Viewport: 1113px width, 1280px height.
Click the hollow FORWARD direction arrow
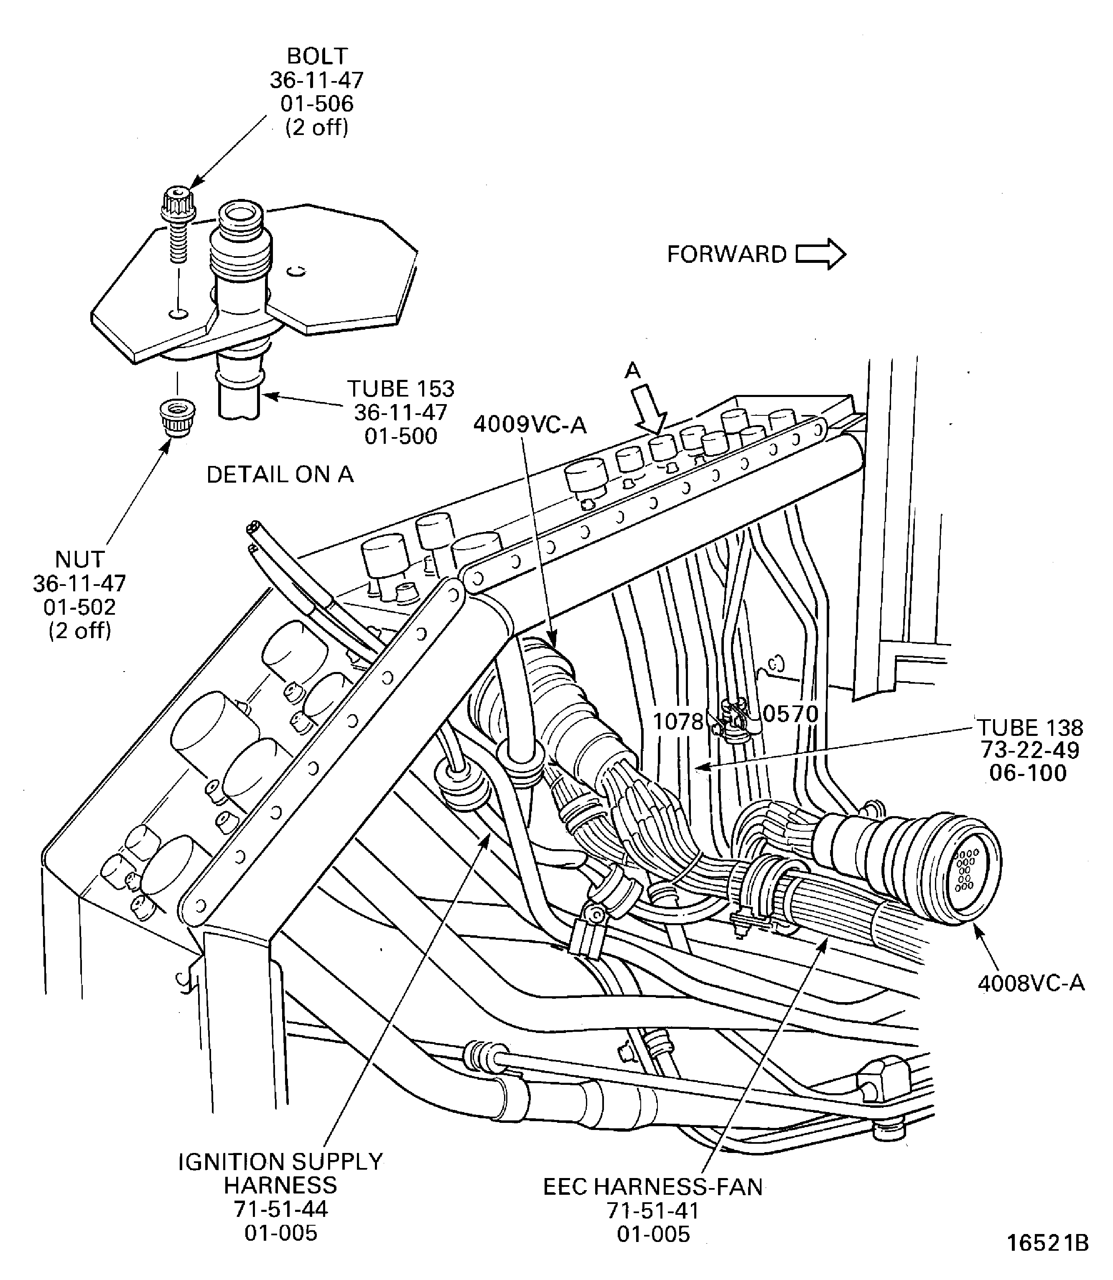pyautogui.click(x=820, y=254)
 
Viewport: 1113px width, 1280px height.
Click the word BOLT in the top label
pyautogui.click(x=317, y=56)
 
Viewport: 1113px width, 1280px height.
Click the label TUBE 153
pyautogui.click(x=401, y=389)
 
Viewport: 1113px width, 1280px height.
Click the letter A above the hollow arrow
pyautogui.click(x=632, y=371)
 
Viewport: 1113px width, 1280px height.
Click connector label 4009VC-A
pyautogui.click(x=530, y=425)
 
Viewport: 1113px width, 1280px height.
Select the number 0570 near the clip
pyautogui.click(x=790, y=714)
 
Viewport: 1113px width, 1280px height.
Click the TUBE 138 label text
pyautogui.click(x=1030, y=727)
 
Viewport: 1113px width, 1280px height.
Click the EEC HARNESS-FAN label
pyautogui.click(x=653, y=1187)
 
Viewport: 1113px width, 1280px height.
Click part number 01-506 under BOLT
pyautogui.click(x=317, y=104)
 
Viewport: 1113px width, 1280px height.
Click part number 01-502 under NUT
pyautogui.click(x=79, y=607)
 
